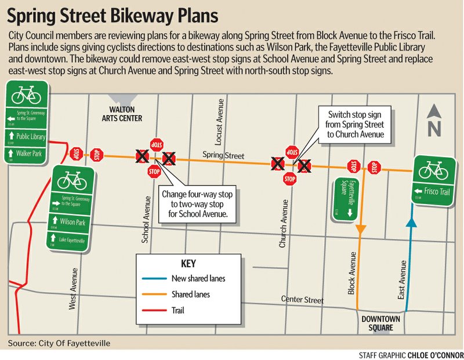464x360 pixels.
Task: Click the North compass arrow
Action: tap(434, 119)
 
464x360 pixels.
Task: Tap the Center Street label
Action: tap(302, 300)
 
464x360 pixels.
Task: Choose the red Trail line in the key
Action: tap(153, 310)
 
